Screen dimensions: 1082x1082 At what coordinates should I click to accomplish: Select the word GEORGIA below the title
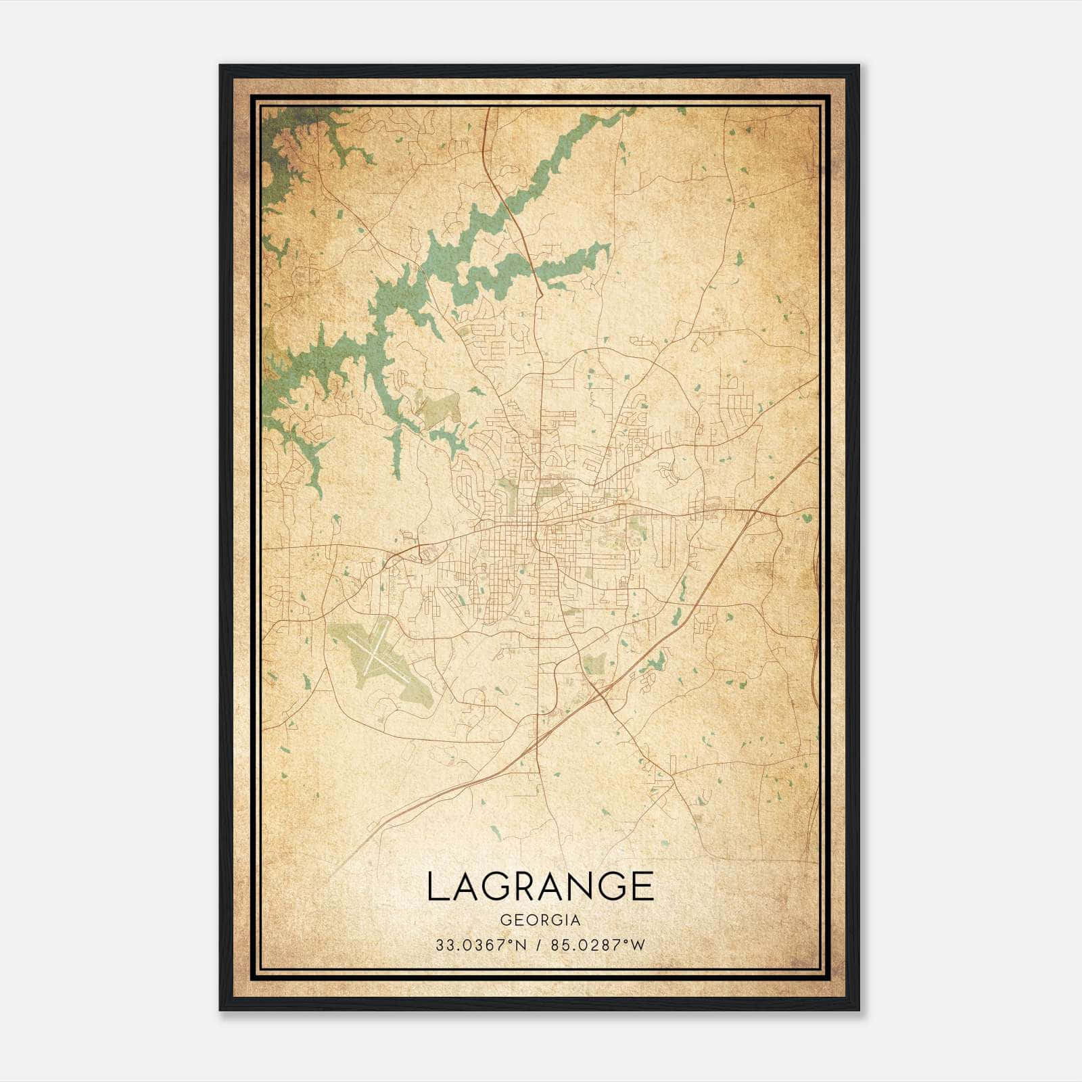(540, 920)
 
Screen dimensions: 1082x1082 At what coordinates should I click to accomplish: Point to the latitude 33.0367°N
(481, 945)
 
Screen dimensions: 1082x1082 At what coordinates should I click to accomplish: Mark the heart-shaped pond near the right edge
(806, 519)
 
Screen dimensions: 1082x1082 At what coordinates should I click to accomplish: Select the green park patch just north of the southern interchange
(594, 663)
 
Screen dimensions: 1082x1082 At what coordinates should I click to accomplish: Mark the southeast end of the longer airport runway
(404, 679)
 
